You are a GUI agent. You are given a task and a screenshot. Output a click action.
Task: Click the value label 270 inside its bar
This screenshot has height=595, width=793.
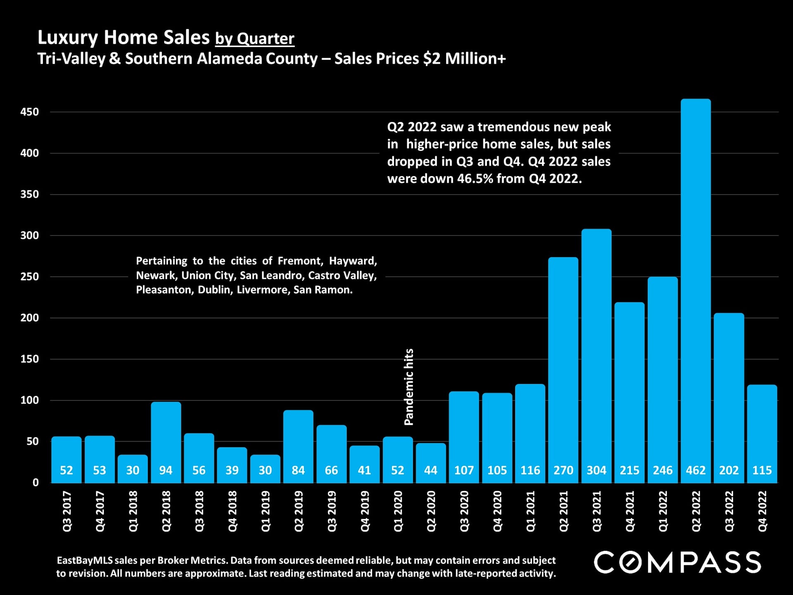[563, 470]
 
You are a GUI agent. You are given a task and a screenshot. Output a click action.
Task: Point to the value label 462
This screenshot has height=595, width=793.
[696, 470]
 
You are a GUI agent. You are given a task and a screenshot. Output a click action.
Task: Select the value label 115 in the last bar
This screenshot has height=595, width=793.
[762, 470]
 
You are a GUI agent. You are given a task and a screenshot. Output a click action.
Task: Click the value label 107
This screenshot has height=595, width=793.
[464, 470]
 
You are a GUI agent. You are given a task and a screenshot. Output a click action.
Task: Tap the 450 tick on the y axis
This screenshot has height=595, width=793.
[29, 112]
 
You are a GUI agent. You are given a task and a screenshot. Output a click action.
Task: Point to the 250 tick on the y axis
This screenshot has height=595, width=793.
[29, 276]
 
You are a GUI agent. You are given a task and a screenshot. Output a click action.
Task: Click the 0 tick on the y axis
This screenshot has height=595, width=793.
[36, 482]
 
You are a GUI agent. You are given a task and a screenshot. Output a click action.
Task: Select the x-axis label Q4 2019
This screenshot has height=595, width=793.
[365, 511]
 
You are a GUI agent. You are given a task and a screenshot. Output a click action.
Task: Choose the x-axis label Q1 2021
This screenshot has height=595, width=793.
[530, 511]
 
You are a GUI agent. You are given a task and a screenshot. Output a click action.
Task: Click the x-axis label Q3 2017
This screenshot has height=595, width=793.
[66, 511]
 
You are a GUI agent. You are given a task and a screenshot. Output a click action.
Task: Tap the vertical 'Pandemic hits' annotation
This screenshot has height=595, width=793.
[408, 387]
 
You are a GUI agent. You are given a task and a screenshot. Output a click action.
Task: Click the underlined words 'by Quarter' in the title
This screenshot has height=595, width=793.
[254, 38]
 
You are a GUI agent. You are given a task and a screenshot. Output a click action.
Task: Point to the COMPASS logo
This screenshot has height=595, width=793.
[677, 562]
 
